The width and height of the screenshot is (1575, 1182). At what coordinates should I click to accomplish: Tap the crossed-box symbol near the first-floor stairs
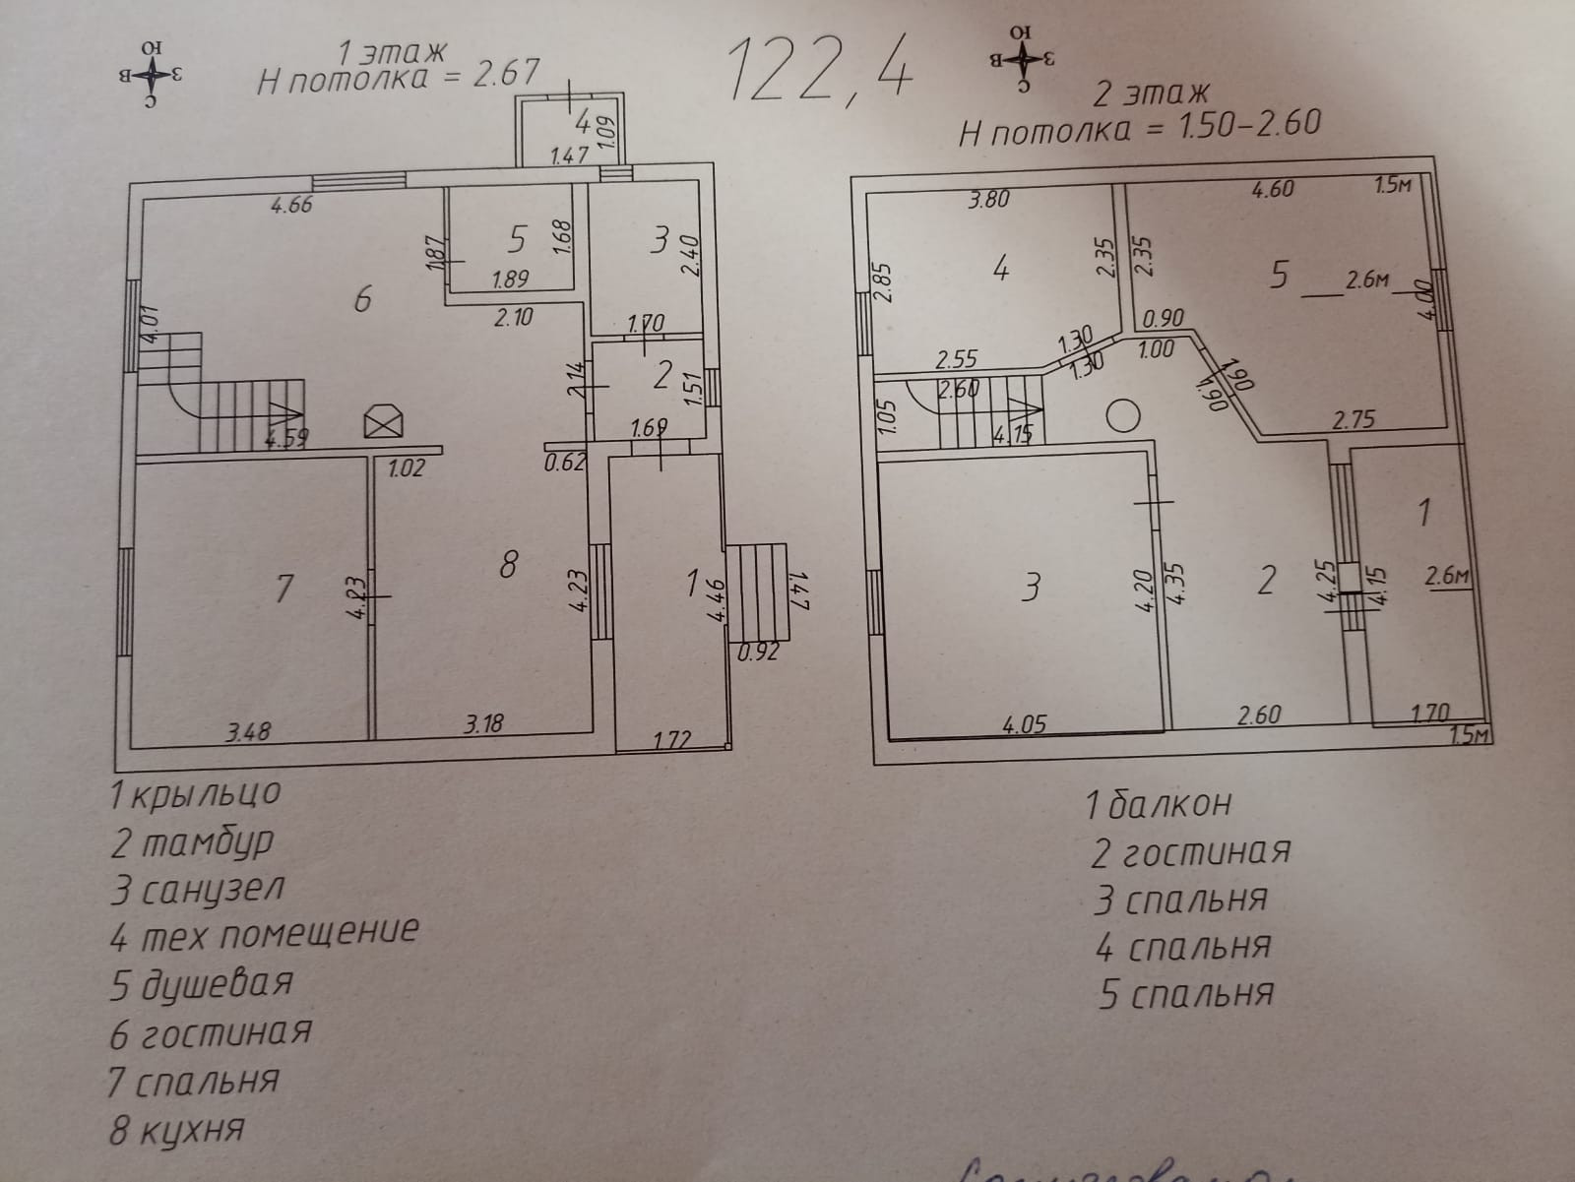[x=384, y=422]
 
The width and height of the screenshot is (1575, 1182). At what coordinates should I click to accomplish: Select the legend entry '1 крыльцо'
[x=196, y=792]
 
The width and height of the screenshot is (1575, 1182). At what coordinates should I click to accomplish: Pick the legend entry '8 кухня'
[x=176, y=1129]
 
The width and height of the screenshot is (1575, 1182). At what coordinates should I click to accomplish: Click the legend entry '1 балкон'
[x=1158, y=804]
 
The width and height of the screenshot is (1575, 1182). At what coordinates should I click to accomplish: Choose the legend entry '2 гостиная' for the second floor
[x=1191, y=851]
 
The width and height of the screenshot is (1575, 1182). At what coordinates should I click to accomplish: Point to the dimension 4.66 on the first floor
[x=292, y=206]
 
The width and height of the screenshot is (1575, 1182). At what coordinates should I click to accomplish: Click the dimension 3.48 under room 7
[x=248, y=730]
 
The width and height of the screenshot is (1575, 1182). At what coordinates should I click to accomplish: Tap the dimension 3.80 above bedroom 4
[x=988, y=199]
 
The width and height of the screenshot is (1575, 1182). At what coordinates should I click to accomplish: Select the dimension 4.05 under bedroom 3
[x=1024, y=725]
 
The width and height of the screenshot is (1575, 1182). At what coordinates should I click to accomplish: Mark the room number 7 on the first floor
[x=283, y=589]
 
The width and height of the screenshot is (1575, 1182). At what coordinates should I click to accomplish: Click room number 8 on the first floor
[x=508, y=566]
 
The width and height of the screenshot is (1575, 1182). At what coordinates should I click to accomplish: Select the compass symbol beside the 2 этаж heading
[x=1023, y=58]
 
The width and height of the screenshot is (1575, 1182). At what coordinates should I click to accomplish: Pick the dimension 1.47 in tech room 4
[x=569, y=155]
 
